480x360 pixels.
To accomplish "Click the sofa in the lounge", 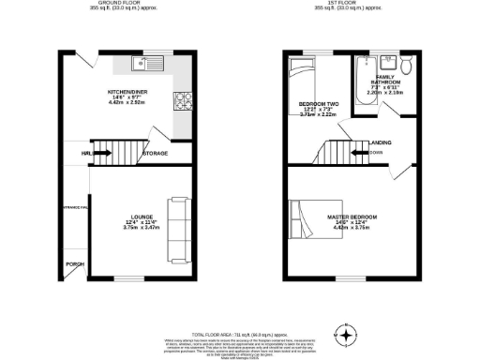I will (176, 231).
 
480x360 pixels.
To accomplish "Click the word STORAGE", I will (155, 153).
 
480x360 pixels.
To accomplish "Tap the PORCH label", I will (74, 264).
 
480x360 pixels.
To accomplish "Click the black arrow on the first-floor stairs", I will (357, 151).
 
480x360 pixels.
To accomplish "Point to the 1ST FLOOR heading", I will (348, 3).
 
